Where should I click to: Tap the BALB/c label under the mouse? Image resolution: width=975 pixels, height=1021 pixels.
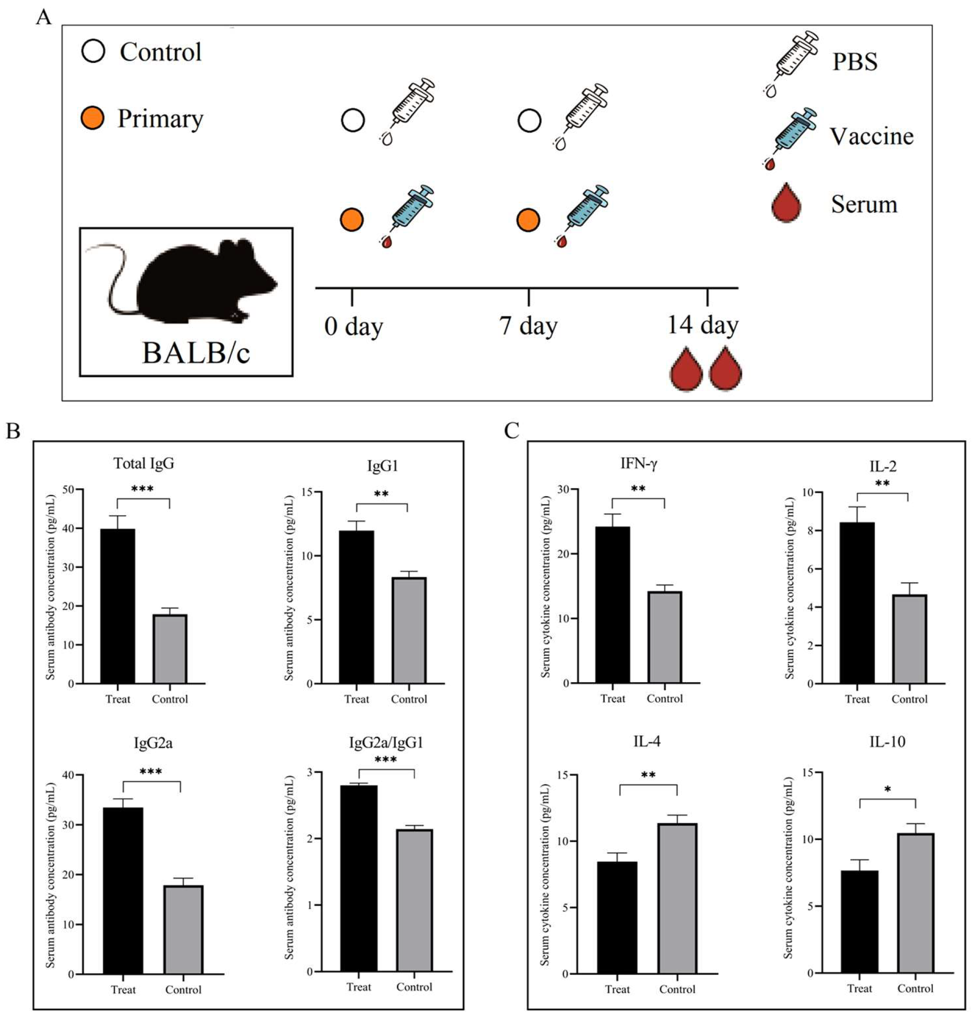(x=196, y=353)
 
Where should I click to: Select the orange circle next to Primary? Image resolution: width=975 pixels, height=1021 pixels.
(x=93, y=118)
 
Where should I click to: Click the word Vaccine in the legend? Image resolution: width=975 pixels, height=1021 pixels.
(x=871, y=136)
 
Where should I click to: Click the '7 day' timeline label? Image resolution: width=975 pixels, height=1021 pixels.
(x=528, y=326)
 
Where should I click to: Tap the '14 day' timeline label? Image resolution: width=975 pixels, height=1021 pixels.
(x=702, y=325)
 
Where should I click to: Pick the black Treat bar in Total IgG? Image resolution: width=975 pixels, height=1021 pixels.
(x=118, y=606)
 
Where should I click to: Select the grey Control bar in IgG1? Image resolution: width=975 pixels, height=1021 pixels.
(x=409, y=630)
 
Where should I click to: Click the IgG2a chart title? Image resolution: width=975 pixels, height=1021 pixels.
(x=153, y=743)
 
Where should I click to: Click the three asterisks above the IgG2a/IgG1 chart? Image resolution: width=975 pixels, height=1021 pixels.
(x=385, y=760)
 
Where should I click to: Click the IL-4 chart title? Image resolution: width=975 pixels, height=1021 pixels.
(x=646, y=741)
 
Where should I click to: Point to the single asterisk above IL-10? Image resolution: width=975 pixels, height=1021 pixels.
(x=888, y=790)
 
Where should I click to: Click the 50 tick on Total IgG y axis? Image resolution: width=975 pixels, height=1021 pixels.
(x=68, y=490)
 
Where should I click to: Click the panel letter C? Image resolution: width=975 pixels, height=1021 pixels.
(x=511, y=430)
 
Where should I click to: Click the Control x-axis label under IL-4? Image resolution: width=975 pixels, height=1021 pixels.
(x=677, y=989)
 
